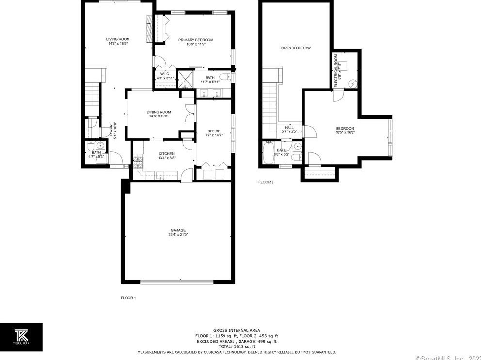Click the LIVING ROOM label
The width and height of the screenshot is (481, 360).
(117, 39)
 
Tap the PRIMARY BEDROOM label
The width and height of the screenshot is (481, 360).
(195, 40)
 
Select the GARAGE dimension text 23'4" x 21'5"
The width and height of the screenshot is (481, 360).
(178, 235)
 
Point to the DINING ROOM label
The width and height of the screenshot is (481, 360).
(159, 112)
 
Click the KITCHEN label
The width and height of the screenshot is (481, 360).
(166, 154)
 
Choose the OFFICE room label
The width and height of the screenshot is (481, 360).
(214, 131)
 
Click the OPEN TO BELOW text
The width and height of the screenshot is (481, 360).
(296, 48)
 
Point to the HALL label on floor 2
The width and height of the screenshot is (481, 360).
(289, 128)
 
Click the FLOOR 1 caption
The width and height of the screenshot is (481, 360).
(128, 298)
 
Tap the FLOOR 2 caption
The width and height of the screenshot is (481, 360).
(266, 182)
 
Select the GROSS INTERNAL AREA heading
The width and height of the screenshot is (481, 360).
(236, 330)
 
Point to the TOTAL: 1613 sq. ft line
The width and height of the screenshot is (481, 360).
(236, 346)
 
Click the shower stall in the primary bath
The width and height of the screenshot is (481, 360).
(185, 79)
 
